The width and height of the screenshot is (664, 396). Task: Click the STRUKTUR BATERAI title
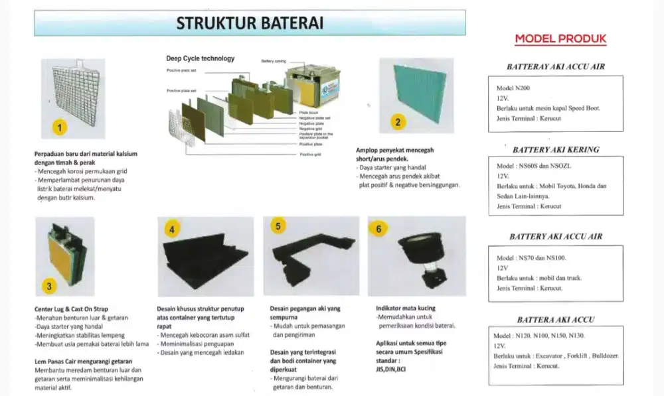point(250,24)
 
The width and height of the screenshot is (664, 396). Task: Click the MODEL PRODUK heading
point(560,39)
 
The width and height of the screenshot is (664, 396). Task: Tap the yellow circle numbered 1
point(60,127)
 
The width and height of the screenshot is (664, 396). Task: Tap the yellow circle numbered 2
point(398,122)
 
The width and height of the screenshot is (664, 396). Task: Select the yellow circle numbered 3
point(49,286)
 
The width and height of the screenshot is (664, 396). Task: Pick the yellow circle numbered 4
point(172,230)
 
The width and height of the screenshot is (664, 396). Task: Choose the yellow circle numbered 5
point(278,226)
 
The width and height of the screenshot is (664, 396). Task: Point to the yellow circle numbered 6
point(379,229)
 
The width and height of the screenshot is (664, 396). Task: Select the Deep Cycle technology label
point(200,58)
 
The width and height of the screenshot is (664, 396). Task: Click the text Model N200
point(513,88)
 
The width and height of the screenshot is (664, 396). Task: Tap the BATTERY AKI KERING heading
point(555,150)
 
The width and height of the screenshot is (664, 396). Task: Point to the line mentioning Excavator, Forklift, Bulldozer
point(557,356)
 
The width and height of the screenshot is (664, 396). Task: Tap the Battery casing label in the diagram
point(274,61)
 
